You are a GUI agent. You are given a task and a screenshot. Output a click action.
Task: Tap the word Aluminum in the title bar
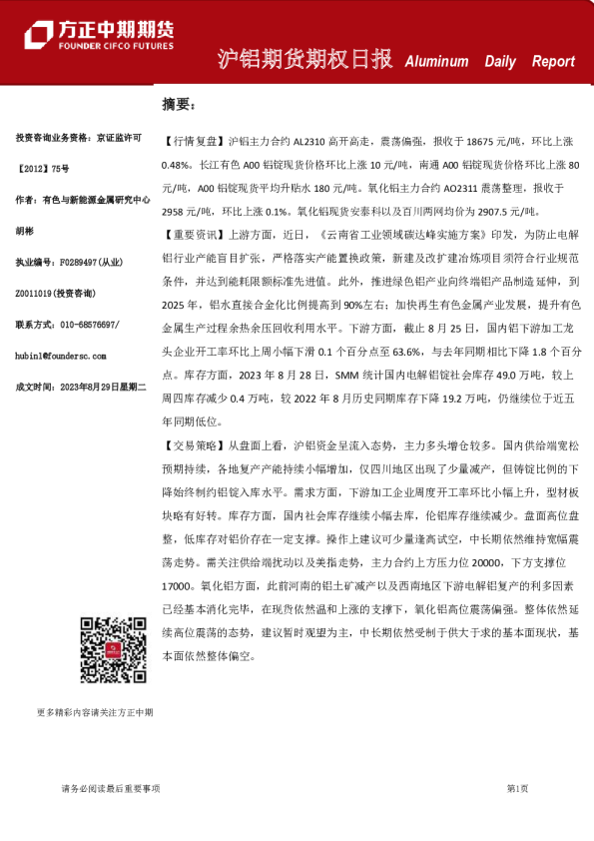tap(436, 61)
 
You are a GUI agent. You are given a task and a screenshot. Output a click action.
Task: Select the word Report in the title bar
tap(553, 61)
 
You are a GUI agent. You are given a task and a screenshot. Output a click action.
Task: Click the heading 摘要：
tap(181, 104)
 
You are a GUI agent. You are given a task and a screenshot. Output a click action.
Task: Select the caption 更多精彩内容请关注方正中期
tap(95, 713)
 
